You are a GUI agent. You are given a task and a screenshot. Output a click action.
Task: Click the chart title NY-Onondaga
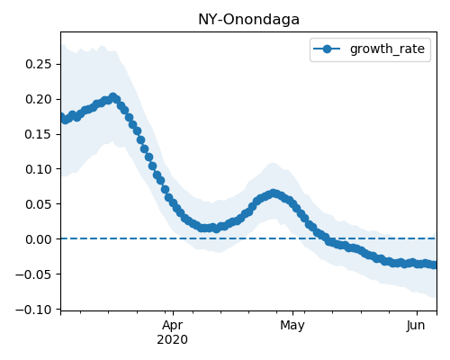[248, 20]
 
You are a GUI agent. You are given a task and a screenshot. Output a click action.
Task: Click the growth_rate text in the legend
[387, 49]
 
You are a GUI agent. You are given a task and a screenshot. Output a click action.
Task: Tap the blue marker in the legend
[327, 49]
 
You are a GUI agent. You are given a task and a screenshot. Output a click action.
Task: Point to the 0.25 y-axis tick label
[39, 64]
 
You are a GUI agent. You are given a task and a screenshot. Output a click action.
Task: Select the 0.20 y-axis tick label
[39, 99]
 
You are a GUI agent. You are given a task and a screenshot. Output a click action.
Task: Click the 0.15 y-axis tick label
[39, 134]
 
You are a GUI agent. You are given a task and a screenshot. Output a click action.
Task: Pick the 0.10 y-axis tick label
[39, 169]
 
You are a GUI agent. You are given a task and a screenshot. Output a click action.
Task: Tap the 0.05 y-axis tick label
[39, 204]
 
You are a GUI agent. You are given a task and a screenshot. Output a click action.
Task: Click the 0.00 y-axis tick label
[39, 239]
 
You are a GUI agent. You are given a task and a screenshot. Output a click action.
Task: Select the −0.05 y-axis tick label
[33, 274]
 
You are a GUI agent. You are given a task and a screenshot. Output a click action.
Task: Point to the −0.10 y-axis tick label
[33, 310]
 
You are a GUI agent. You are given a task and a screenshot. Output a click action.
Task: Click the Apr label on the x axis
[173, 326]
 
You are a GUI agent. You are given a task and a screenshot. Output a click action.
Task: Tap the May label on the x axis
[292, 326]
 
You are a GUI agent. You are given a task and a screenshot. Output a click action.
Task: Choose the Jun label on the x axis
[416, 325]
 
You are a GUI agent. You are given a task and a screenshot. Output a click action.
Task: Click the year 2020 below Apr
[173, 339]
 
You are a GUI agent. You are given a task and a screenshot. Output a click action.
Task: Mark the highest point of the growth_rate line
[112, 97]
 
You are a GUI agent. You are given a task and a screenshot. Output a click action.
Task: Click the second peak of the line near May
[274, 193]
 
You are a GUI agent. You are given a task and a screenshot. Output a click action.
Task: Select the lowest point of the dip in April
[216, 229]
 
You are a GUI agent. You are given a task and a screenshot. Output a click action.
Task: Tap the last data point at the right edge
[435, 265]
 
